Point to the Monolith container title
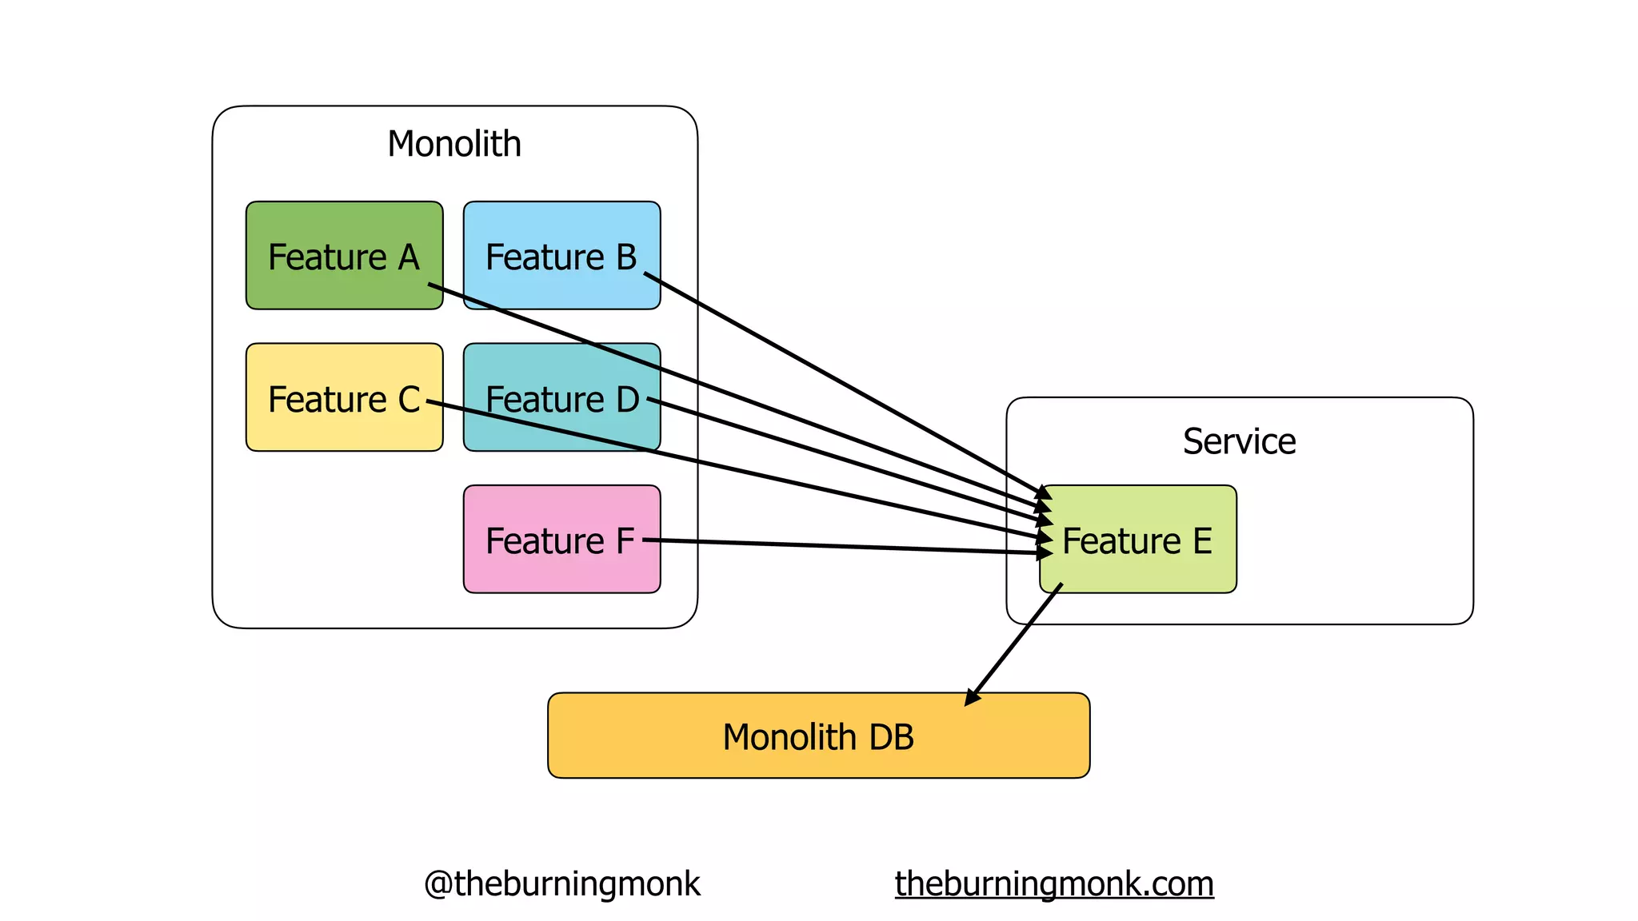[x=454, y=145]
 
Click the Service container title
[x=1239, y=441]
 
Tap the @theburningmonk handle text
[x=561, y=884]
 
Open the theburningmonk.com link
[x=1054, y=884]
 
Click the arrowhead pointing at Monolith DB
[x=971, y=698]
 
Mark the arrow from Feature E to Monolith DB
[x=1014, y=644]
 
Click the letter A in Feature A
[x=409, y=257]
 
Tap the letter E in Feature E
[x=1202, y=541]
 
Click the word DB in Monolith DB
[x=891, y=737]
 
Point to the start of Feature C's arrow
[x=429, y=402]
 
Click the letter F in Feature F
[x=625, y=541]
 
